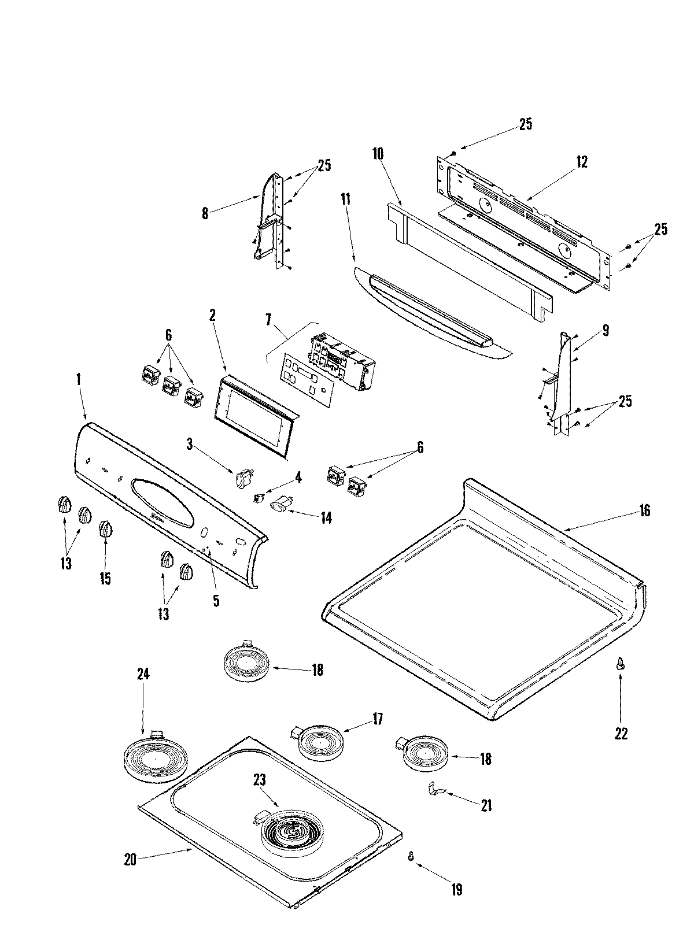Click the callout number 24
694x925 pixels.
pyautogui.click(x=143, y=674)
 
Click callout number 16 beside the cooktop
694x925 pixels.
pyautogui.click(x=644, y=511)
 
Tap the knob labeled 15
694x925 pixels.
pyautogui.click(x=105, y=529)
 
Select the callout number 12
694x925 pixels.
pyautogui.click(x=582, y=162)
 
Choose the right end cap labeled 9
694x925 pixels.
pyautogui.click(x=560, y=376)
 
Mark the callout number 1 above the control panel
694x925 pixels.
pyautogui.click(x=79, y=380)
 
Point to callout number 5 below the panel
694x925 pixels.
pyautogui.click(x=216, y=601)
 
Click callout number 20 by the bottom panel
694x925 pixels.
pyautogui.click(x=131, y=876)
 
